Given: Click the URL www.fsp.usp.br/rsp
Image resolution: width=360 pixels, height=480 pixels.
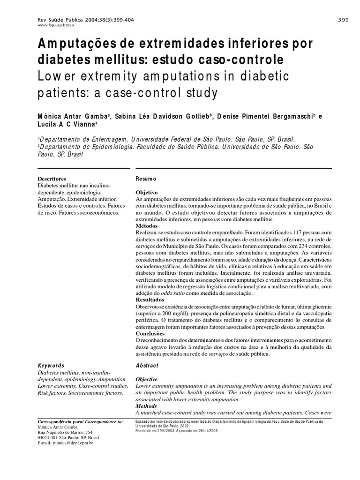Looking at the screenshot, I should tap(52, 25).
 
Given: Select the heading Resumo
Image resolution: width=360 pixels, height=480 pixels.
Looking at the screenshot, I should tap(146, 179).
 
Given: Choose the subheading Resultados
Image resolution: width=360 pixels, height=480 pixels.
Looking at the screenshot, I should tap(150, 299).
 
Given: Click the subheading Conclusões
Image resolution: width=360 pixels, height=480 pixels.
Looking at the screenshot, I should tap(151, 333).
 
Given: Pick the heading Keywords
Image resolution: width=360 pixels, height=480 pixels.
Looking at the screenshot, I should tap(51, 366).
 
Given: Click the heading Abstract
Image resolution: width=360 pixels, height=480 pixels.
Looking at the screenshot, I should tap(147, 366).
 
